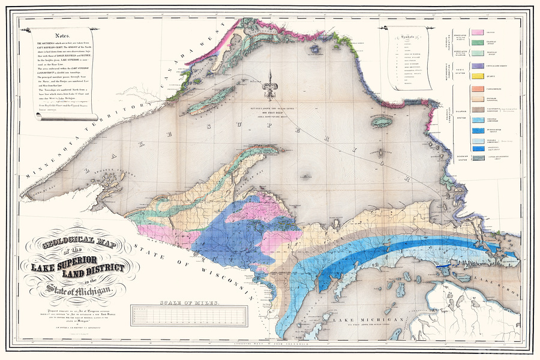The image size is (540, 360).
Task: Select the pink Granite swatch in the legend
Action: (479, 31)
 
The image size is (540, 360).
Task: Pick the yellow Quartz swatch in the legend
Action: (479, 76)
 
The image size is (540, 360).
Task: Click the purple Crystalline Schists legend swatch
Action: (479, 65)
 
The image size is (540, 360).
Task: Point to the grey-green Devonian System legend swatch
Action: (479, 158)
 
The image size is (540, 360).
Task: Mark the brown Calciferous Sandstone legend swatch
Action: (479, 110)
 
